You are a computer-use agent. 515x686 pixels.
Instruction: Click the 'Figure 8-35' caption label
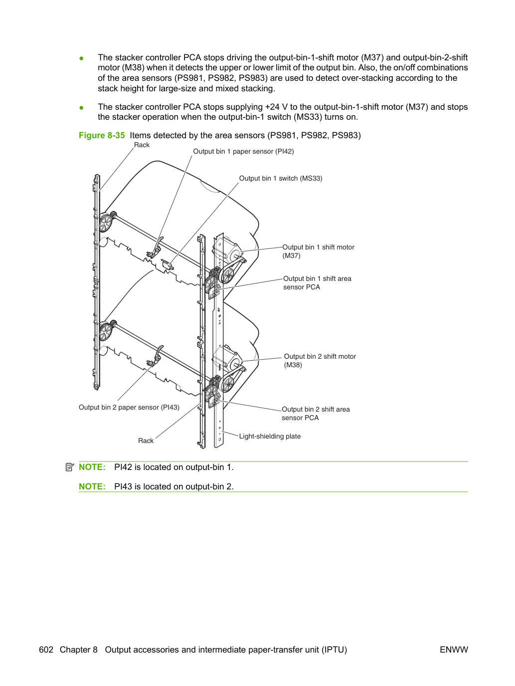tap(102, 135)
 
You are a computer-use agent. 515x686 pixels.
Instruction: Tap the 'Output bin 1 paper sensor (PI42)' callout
tap(243, 151)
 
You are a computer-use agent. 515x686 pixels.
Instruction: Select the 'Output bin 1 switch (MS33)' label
tap(281, 178)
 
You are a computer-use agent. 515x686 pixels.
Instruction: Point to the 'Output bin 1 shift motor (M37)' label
tap(318, 251)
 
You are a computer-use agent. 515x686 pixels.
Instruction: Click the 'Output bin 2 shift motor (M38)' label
tap(320, 360)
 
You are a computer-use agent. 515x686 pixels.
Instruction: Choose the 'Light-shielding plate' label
tap(270, 436)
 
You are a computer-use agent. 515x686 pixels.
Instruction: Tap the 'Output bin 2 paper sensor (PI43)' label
tap(129, 407)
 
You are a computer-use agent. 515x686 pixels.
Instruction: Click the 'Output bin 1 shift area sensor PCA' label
tap(317, 282)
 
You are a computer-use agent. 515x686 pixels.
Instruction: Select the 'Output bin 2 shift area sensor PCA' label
tap(316, 413)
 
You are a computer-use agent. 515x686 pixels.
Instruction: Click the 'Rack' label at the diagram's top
tap(142, 145)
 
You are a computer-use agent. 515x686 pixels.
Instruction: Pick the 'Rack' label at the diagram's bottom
tap(146, 441)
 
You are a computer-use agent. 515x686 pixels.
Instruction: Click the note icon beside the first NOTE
tap(70, 467)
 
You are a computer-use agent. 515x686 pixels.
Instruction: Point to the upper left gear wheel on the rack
tap(106, 222)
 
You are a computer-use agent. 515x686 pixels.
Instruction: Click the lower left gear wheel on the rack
tap(106, 331)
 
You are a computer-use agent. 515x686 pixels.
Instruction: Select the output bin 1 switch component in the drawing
tap(166, 264)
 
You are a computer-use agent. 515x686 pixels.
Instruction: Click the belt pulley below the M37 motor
tap(227, 275)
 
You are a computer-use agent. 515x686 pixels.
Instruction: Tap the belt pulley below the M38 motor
tap(228, 384)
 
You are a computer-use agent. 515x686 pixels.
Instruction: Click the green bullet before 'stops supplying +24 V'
tap(82, 107)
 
